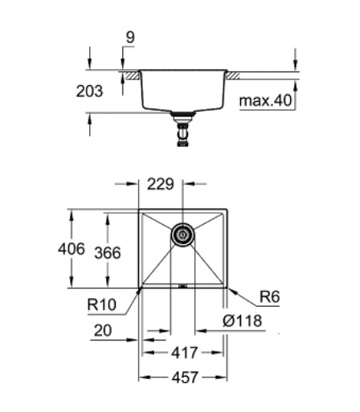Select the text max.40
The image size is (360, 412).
(x=264, y=102)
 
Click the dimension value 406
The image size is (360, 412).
(x=72, y=250)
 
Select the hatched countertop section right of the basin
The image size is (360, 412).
(x=235, y=75)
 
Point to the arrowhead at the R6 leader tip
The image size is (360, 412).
(x=230, y=288)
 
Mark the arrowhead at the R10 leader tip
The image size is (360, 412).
(x=140, y=288)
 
